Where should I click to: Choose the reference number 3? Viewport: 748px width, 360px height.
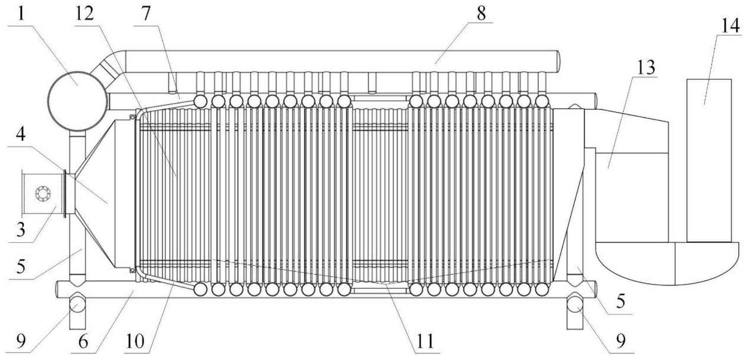pos(21,230)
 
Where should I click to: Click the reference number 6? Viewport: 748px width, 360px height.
pos(83,341)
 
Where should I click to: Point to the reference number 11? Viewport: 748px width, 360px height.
pos(424,341)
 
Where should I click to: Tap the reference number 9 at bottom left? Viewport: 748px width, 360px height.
pos(21,341)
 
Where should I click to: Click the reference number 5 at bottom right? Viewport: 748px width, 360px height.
pos(620,301)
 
